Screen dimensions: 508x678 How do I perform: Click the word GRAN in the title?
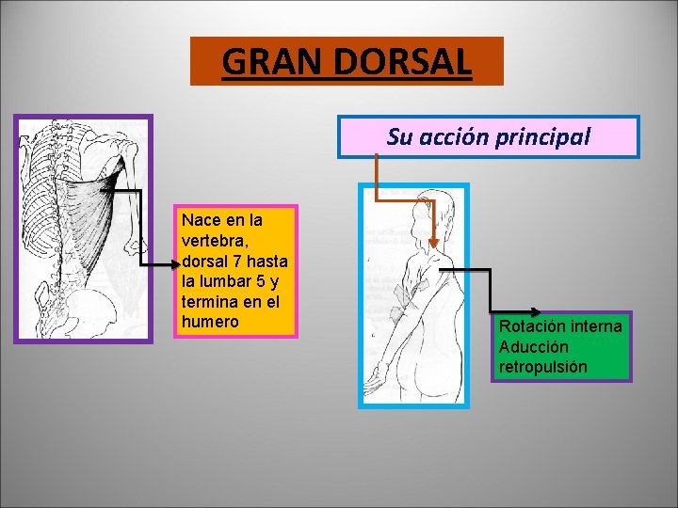coord(266,62)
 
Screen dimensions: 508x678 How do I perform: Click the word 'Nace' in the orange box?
coord(202,220)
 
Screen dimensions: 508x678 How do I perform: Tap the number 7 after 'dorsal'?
coord(241,261)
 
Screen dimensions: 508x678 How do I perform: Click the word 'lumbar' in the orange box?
coord(222,281)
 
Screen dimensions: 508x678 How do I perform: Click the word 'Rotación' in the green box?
coord(532,326)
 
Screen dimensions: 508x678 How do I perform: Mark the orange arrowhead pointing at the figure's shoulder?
coord(432,243)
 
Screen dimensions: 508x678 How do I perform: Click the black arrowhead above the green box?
coord(532,311)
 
